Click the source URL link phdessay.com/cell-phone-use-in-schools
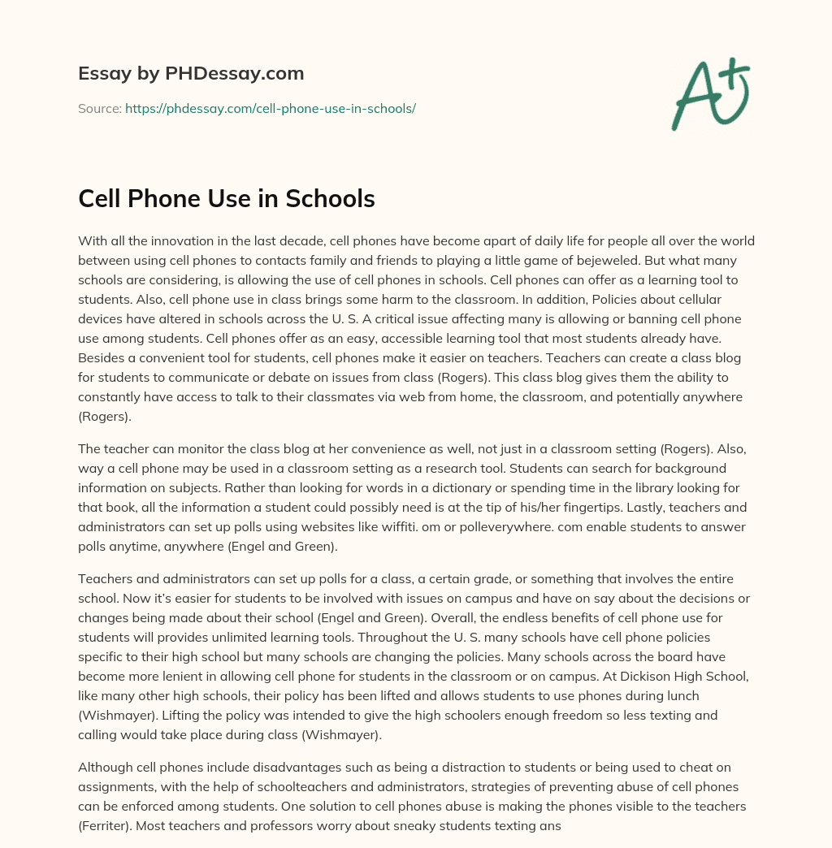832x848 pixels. coord(270,108)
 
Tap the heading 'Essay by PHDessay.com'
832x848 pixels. coord(191,74)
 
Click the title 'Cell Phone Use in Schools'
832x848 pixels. coord(226,199)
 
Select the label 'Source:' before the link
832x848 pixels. coord(99,108)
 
